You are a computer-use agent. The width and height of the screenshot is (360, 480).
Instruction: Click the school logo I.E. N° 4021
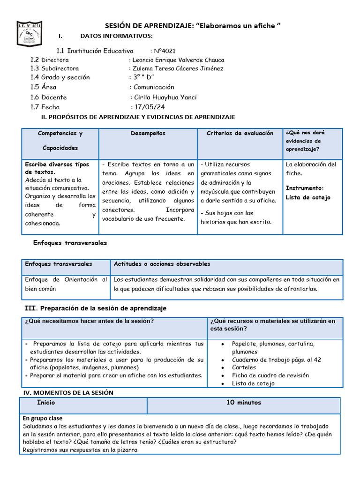[30, 33]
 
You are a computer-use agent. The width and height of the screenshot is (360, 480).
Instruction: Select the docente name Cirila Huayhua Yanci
[165, 97]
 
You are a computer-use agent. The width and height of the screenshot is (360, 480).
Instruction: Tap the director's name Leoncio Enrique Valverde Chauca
[178, 60]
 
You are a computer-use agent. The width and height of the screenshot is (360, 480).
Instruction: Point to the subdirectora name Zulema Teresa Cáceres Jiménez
[178, 68]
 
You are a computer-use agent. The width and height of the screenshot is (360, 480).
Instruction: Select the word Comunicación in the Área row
[154, 87]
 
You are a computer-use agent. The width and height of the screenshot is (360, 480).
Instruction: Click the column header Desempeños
[148, 134]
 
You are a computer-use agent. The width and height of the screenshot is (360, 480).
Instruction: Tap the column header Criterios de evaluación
[240, 134]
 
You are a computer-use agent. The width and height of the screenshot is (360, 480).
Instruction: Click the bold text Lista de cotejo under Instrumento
[308, 197]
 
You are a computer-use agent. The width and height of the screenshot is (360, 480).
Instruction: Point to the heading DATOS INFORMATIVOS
[116, 36]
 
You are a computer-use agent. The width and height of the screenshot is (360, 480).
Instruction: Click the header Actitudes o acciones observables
[162, 264]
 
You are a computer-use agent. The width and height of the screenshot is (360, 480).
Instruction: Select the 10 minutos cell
[244, 402]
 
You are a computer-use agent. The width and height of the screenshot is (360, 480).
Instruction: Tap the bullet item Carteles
[244, 367]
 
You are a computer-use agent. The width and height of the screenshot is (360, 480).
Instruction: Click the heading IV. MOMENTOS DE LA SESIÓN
[68, 392]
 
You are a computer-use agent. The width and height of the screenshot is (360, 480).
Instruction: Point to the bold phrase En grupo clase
[42, 418]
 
